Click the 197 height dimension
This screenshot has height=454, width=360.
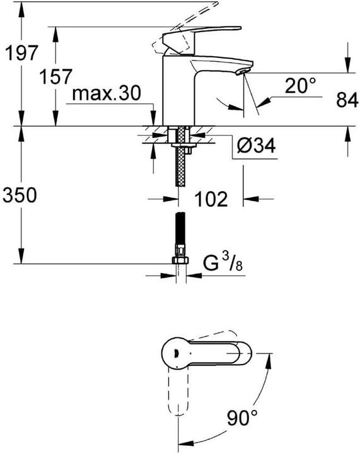[x=18, y=55]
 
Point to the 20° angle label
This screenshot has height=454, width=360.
[x=299, y=86]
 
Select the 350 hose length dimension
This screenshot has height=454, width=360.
[x=20, y=195]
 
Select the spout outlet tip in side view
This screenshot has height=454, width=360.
[x=241, y=71]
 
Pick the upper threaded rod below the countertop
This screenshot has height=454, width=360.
[x=180, y=161]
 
